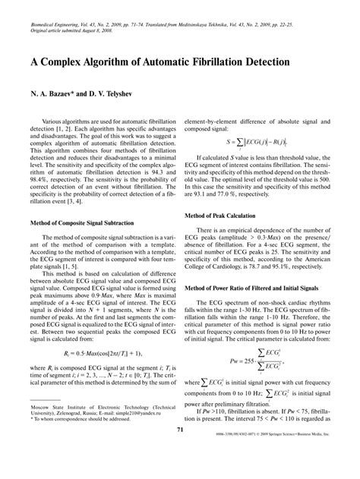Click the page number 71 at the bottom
[179, 452]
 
